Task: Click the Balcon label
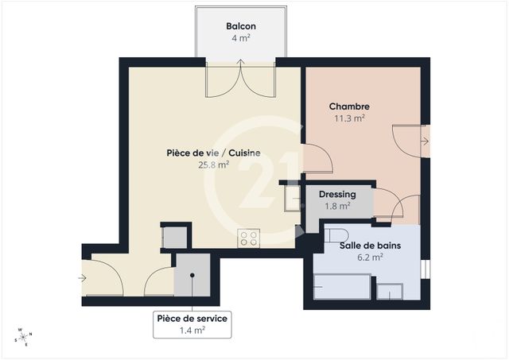pyautogui.click(x=240, y=25)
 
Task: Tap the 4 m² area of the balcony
pyautogui.click(x=240, y=37)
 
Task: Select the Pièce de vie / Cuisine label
pyautogui.click(x=214, y=153)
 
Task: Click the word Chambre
pyautogui.click(x=349, y=106)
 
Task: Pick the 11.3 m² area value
pyautogui.click(x=349, y=118)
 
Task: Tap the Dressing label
pyautogui.click(x=337, y=194)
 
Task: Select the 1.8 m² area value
pyautogui.click(x=337, y=207)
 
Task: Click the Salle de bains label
pyautogui.click(x=370, y=246)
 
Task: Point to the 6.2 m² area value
pyautogui.click(x=370, y=257)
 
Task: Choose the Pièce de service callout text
pyautogui.click(x=192, y=318)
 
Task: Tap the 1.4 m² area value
pyautogui.click(x=192, y=330)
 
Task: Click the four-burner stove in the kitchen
pyautogui.click(x=249, y=238)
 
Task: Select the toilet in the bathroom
pyautogui.click(x=336, y=234)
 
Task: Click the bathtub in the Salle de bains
pyautogui.click(x=342, y=286)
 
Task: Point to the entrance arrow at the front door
pyautogui.click(x=83, y=278)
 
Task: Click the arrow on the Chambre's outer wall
pyautogui.click(x=425, y=141)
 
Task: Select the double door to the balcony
pyautogui.click(x=240, y=79)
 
